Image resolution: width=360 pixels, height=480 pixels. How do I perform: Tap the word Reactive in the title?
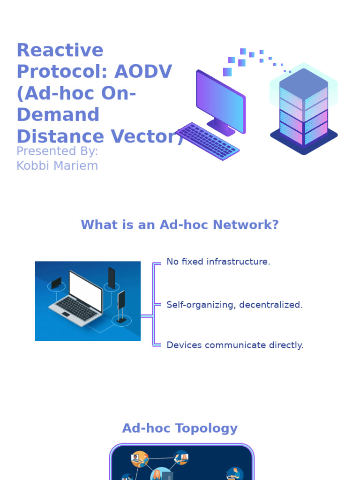60,50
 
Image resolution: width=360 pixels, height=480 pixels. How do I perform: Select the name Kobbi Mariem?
57,165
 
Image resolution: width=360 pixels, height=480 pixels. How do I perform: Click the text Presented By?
57,151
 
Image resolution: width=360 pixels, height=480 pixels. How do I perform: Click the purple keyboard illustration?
207,141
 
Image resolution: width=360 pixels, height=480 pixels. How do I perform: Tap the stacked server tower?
303,110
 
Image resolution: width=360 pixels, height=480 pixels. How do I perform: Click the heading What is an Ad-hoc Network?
180,225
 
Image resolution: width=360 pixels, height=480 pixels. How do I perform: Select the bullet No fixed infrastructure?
218,262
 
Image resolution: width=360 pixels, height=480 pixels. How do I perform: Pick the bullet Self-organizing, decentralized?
234,305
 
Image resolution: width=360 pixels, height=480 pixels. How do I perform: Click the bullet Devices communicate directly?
235,345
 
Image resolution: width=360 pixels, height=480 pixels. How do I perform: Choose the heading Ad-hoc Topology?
180,428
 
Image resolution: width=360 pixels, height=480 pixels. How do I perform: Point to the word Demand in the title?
58,115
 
